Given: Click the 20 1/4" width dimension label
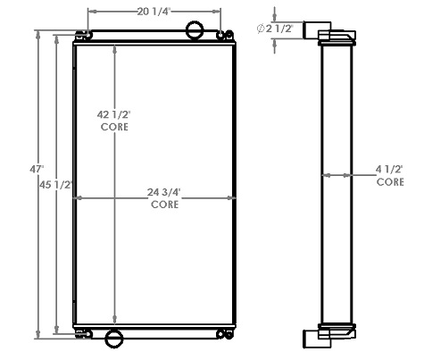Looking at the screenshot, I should coord(155,12).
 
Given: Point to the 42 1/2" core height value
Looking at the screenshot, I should coord(114,114).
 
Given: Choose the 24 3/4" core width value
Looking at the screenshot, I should coord(163,191).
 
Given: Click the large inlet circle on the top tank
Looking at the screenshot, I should coord(195,31).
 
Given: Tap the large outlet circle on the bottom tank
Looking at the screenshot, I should coord(114,339).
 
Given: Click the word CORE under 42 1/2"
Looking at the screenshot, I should coord(114,128).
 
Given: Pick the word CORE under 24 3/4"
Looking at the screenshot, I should coord(163,205).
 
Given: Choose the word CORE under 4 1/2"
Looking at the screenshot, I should coord(389,181).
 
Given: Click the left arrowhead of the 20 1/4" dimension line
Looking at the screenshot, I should coord(90,13).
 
